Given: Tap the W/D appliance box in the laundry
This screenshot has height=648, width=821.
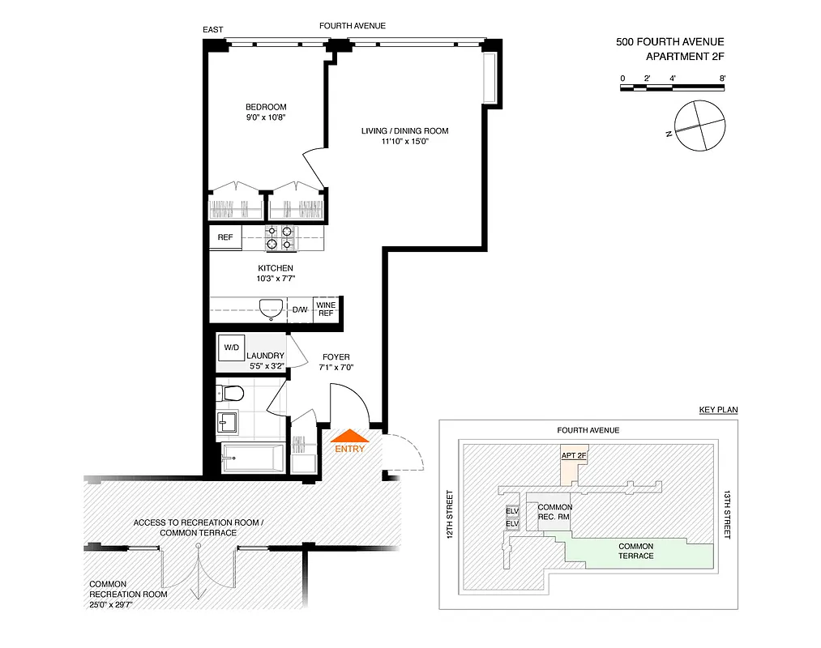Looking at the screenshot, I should pyautogui.click(x=232, y=347).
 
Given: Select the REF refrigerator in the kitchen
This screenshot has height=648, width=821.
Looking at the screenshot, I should pyautogui.click(x=225, y=237).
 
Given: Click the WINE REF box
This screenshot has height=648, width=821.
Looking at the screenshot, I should pyautogui.click(x=325, y=309).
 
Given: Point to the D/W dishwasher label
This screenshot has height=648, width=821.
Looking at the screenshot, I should pyautogui.click(x=300, y=310).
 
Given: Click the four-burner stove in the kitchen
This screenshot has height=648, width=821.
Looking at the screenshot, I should pyautogui.click(x=280, y=237).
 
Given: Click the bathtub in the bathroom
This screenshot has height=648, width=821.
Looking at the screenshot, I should pyautogui.click(x=253, y=459).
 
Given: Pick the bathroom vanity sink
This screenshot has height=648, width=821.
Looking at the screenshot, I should pyautogui.click(x=227, y=421).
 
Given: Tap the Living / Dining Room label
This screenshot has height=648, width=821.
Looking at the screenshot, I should pyautogui.click(x=404, y=130).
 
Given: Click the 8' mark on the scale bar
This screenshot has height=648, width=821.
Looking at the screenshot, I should pyautogui.click(x=722, y=78).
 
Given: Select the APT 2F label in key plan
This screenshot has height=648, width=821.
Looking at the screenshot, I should pyautogui.click(x=575, y=455).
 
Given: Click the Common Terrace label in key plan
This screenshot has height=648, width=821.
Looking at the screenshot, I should pyautogui.click(x=635, y=551).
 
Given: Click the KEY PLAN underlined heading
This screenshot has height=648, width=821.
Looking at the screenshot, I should pyautogui.click(x=718, y=410).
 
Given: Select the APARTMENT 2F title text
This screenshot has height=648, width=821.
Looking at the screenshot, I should pyautogui.click(x=684, y=57).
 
